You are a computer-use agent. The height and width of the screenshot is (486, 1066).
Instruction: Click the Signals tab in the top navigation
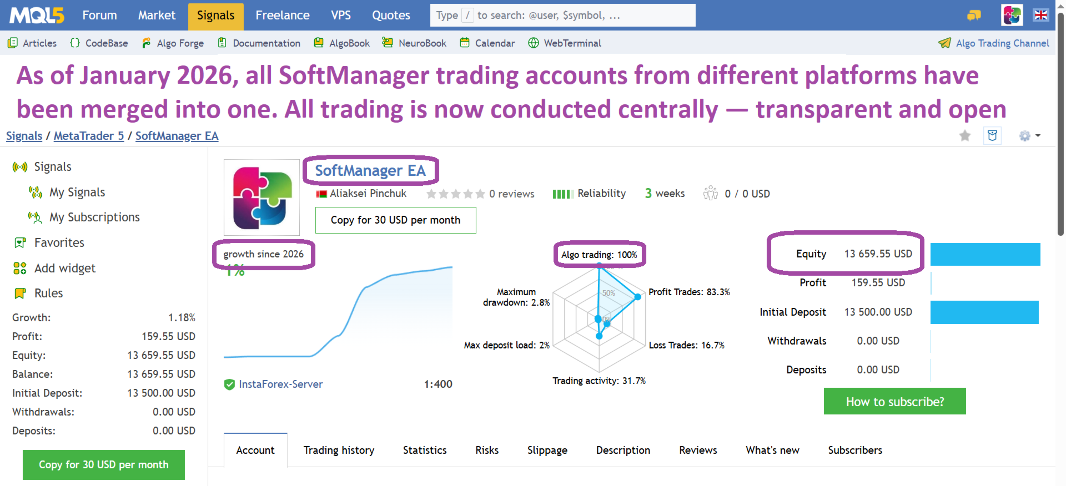(215, 16)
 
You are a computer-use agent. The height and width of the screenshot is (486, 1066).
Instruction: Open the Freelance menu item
(283, 16)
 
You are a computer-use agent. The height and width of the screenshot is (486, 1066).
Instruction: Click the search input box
(562, 16)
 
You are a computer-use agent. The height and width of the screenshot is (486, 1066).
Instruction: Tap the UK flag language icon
(1041, 16)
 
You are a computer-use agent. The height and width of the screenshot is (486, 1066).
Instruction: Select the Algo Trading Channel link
(994, 43)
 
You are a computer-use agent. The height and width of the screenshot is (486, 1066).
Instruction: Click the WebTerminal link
(565, 43)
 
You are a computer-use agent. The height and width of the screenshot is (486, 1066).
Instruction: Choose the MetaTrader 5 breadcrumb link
(89, 136)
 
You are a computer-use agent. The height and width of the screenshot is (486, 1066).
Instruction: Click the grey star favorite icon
(965, 136)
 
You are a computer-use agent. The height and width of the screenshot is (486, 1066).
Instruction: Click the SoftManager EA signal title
(370, 171)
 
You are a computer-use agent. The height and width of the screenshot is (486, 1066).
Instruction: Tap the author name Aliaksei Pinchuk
(368, 194)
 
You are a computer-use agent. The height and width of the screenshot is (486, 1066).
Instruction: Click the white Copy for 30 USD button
(395, 220)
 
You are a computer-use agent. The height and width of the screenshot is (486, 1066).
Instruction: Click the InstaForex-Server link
(280, 384)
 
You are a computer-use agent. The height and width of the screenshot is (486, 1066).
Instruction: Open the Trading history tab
(339, 450)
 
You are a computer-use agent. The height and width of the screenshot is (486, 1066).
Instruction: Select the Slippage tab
(547, 450)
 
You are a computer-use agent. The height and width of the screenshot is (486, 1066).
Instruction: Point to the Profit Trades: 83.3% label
(689, 292)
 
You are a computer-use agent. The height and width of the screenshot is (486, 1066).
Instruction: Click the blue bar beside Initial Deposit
(984, 312)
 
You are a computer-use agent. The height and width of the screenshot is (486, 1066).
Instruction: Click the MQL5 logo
(37, 16)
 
